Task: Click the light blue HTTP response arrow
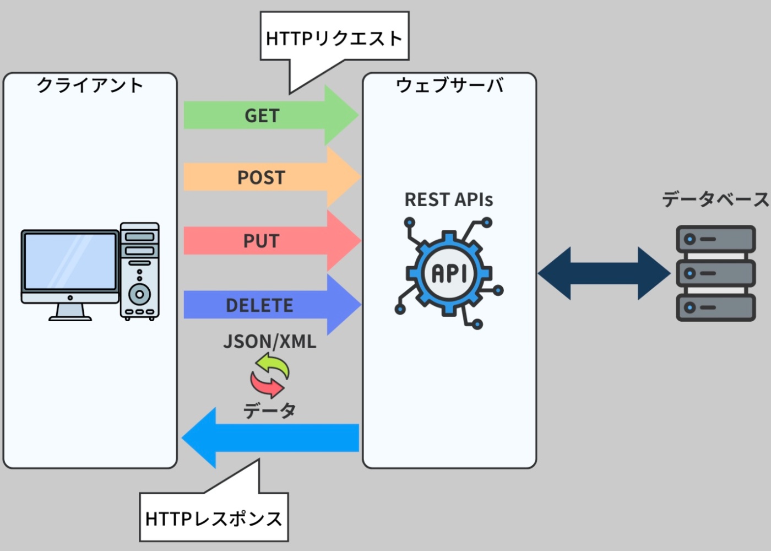tap(275, 437)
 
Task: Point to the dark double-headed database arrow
tap(604, 273)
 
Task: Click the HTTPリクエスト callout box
tap(334, 37)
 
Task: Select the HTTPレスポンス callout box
tap(214, 518)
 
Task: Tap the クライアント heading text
tap(90, 85)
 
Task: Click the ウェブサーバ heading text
tap(449, 85)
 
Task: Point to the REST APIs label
tap(449, 199)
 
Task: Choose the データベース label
tap(715, 199)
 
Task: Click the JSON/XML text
tap(270, 342)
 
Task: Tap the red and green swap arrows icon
tap(269, 375)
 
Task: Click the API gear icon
tap(449, 273)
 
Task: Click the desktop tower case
tap(140, 271)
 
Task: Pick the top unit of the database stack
tap(715, 239)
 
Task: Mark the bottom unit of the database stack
tap(715, 307)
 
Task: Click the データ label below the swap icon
tap(270, 410)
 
